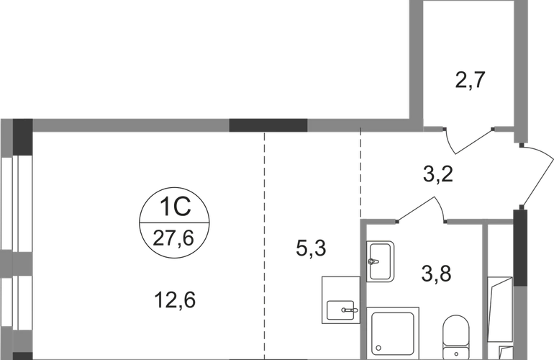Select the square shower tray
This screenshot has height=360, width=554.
[393, 332]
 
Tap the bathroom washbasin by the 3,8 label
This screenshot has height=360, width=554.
[380, 258]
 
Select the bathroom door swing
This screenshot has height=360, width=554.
[421, 210]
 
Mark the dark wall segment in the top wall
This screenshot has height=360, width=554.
[268, 125]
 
